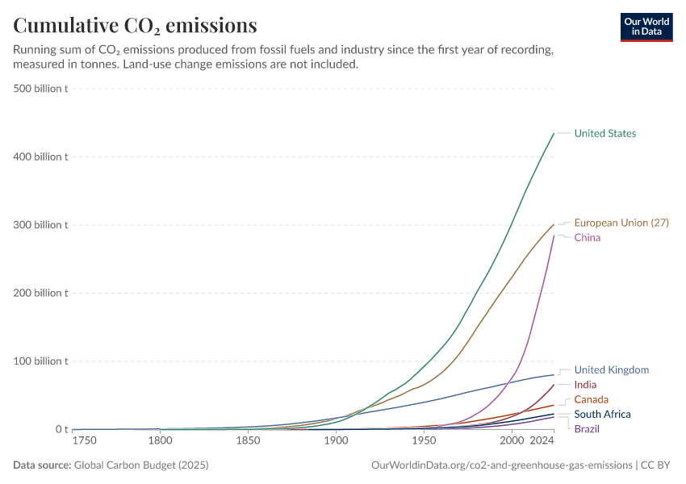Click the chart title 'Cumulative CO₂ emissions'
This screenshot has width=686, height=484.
(x=135, y=26)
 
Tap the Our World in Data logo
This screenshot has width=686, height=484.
(x=646, y=27)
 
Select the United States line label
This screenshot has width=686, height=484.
(x=604, y=134)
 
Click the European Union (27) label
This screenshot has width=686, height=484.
(x=621, y=223)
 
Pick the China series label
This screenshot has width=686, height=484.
(x=587, y=238)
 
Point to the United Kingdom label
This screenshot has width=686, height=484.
(x=611, y=370)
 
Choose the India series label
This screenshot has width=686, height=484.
(x=585, y=385)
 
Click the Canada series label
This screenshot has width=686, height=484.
(x=591, y=399)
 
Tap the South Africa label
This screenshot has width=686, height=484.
(x=602, y=414)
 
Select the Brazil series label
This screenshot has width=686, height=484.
(x=587, y=428)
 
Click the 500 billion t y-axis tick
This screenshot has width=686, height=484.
(x=40, y=89)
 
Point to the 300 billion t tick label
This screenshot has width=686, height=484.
(x=40, y=225)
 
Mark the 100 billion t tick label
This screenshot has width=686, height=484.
(x=40, y=361)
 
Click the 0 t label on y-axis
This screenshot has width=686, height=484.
(x=61, y=429)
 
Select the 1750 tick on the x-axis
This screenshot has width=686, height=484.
(x=85, y=442)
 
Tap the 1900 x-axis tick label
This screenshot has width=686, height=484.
(x=336, y=442)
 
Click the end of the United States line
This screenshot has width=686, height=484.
(x=554, y=133)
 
